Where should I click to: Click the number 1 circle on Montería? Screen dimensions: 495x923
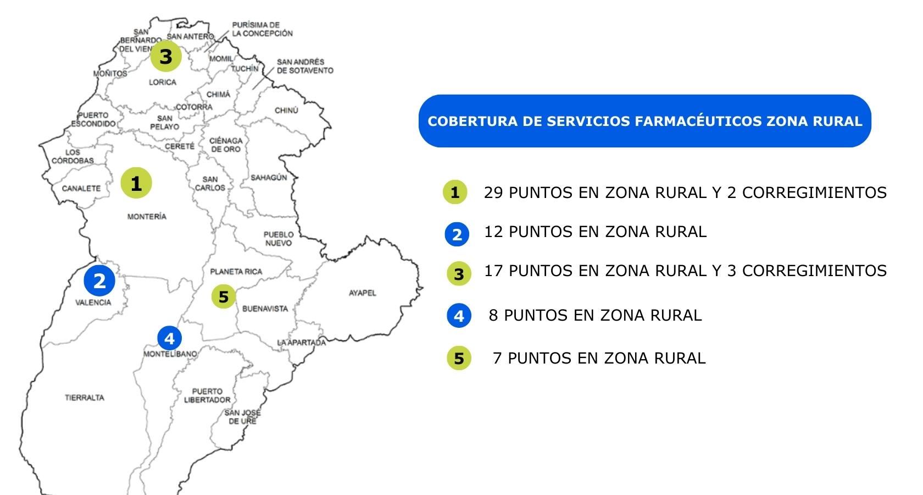[x=136, y=183]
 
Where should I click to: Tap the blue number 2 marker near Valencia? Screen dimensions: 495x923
[x=99, y=281]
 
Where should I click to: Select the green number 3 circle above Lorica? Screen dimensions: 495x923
[x=165, y=56]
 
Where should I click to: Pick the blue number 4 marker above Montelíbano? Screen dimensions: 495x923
[x=169, y=338]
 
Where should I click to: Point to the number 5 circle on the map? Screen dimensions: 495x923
[x=223, y=297]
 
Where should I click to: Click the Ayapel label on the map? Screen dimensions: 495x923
[x=363, y=293]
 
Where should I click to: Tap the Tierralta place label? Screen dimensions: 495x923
[x=84, y=398]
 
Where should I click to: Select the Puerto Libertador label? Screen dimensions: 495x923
[x=207, y=396]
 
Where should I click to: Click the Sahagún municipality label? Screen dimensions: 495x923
[x=269, y=178]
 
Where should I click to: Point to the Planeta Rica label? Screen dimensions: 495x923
[x=236, y=272]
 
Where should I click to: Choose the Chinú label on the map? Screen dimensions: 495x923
[x=286, y=111]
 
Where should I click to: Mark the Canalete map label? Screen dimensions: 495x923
[x=81, y=188]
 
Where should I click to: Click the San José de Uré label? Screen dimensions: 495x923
[x=242, y=417]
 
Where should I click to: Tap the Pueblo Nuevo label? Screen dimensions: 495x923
[x=279, y=239]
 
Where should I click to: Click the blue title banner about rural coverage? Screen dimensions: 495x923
[x=645, y=121]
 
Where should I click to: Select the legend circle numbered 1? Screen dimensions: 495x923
[x=455, y=193]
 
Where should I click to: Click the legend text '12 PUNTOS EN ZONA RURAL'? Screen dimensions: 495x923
[x=595, y=232]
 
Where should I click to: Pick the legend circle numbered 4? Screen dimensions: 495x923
[x=459, y=316]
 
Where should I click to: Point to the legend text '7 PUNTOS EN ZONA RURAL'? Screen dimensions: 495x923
[x=599, y=359]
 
